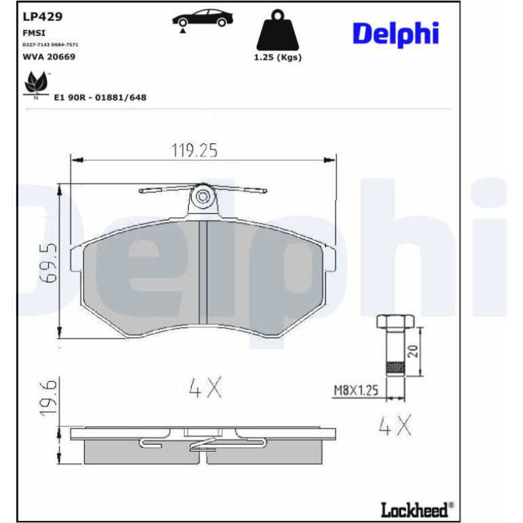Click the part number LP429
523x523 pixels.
coord(42,17)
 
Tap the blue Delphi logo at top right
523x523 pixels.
coord(395,34)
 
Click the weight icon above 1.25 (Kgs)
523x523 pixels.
coord(278,30)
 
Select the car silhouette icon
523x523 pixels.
coord(202,19)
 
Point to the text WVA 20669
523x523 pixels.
coord(49,56)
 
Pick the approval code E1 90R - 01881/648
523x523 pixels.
coord(100,97)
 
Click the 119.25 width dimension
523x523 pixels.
coord(194,150)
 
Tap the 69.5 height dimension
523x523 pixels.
coord(48,263)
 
